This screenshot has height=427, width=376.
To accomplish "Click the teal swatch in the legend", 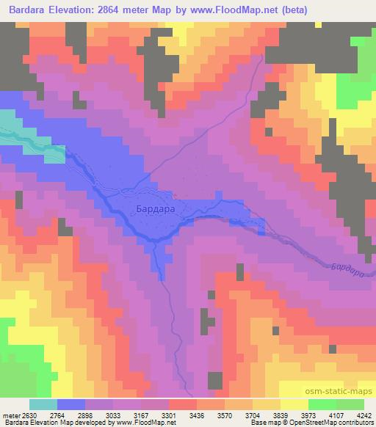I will pos(43,404).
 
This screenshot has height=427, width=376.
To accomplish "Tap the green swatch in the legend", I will pos(323,404).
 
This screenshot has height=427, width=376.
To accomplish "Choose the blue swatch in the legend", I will pos(71,404).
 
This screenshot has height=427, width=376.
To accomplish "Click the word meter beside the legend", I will pos(12,415).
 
